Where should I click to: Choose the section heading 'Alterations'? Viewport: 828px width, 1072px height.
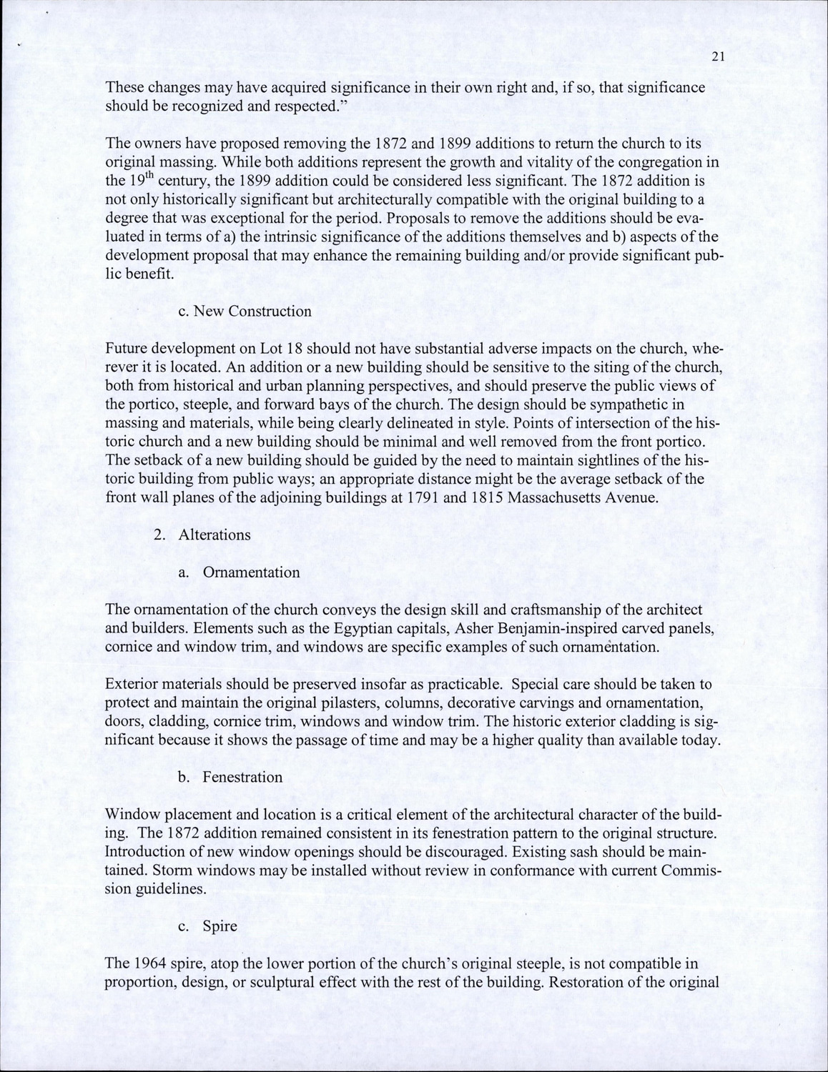click(215, 535)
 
